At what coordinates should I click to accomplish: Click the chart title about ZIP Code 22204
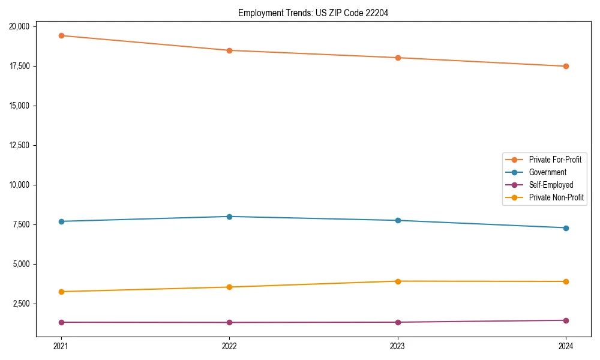(x=313, y=13)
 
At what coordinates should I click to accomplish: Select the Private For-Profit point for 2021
(x=61, y=35)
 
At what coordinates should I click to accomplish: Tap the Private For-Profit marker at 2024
(x=566, y=66)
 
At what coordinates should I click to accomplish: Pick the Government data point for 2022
(x=229, y=217)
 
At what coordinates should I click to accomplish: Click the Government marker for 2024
(x=566, y=228)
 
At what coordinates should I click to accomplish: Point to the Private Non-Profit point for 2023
(x=398, y=281)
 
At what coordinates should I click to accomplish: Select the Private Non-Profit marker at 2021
(x=61, y=292)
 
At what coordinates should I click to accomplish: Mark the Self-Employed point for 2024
(x=566, y=320)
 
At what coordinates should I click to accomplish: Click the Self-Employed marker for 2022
(x=229, y=322)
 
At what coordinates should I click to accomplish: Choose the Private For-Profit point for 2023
(x=398, y=58)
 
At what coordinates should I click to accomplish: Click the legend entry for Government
(x=547, y=172)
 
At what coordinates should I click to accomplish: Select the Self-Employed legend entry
(x=551, y=185)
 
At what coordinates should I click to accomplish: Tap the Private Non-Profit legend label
(x=556, y=197)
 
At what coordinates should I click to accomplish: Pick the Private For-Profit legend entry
(x=555, y=160)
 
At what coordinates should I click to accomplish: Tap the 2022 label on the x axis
(x=229, y=346)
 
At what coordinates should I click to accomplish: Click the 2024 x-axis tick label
(x=566, y=346)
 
